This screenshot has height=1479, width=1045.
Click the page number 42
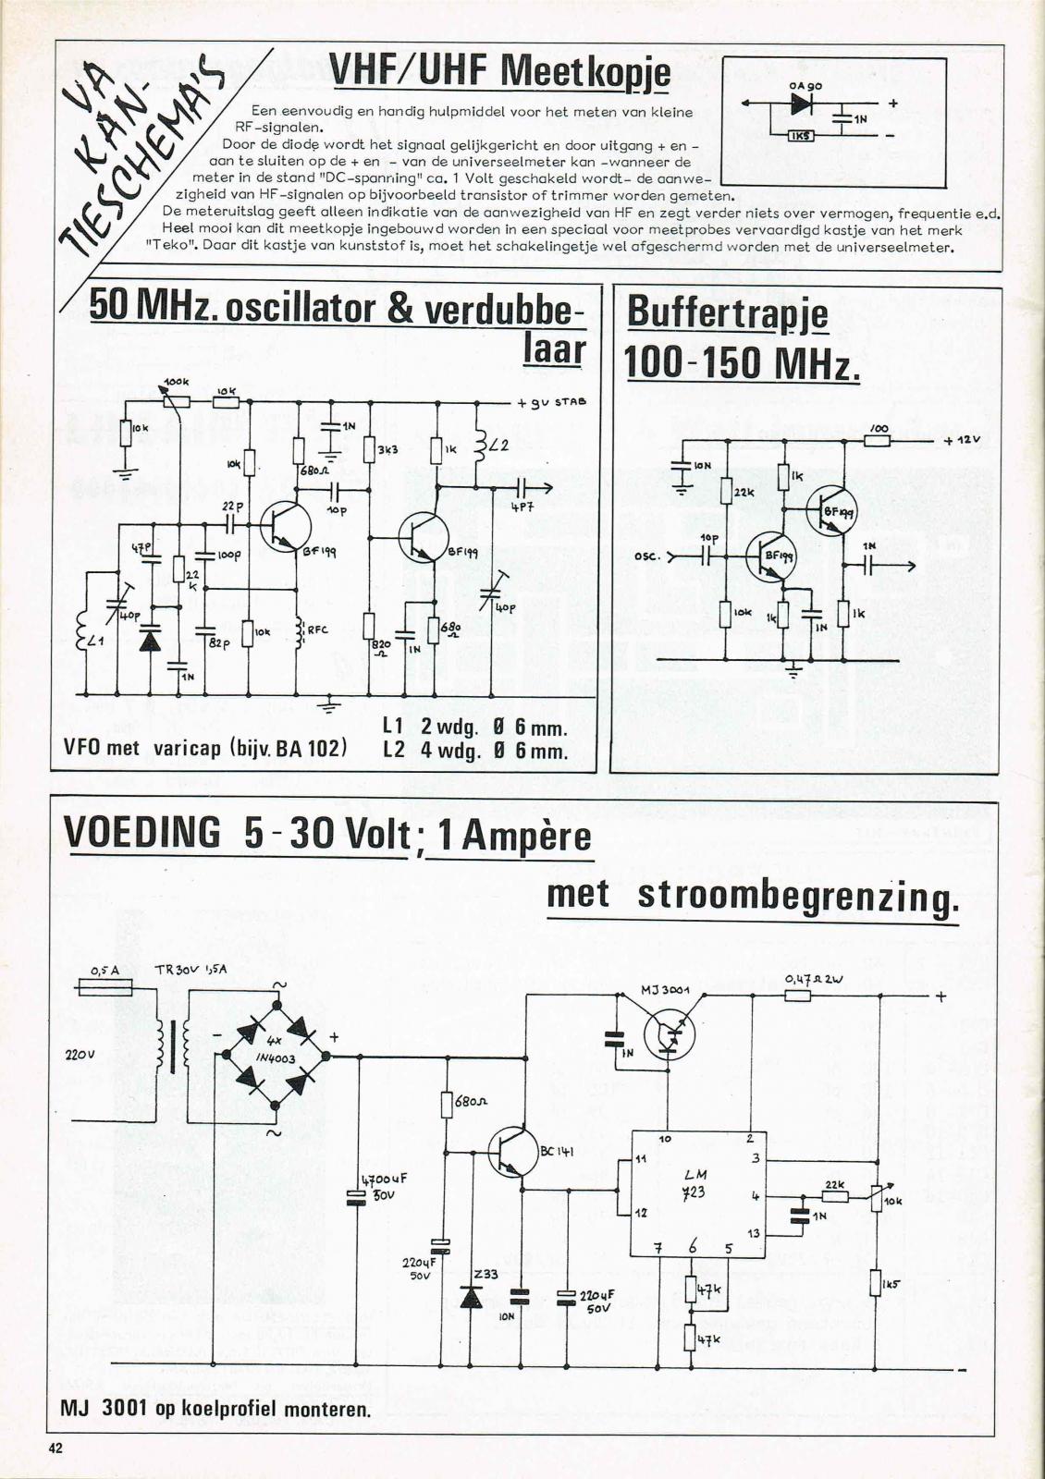pos(55,1448)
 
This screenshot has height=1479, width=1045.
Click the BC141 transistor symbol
pos(512,1152)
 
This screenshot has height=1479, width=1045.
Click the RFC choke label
pos(318,630)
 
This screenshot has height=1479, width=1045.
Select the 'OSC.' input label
pos(646,556)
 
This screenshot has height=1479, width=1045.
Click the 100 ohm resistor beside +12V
pos(878,441)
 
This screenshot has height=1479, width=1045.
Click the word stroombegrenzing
pos(798,896)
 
